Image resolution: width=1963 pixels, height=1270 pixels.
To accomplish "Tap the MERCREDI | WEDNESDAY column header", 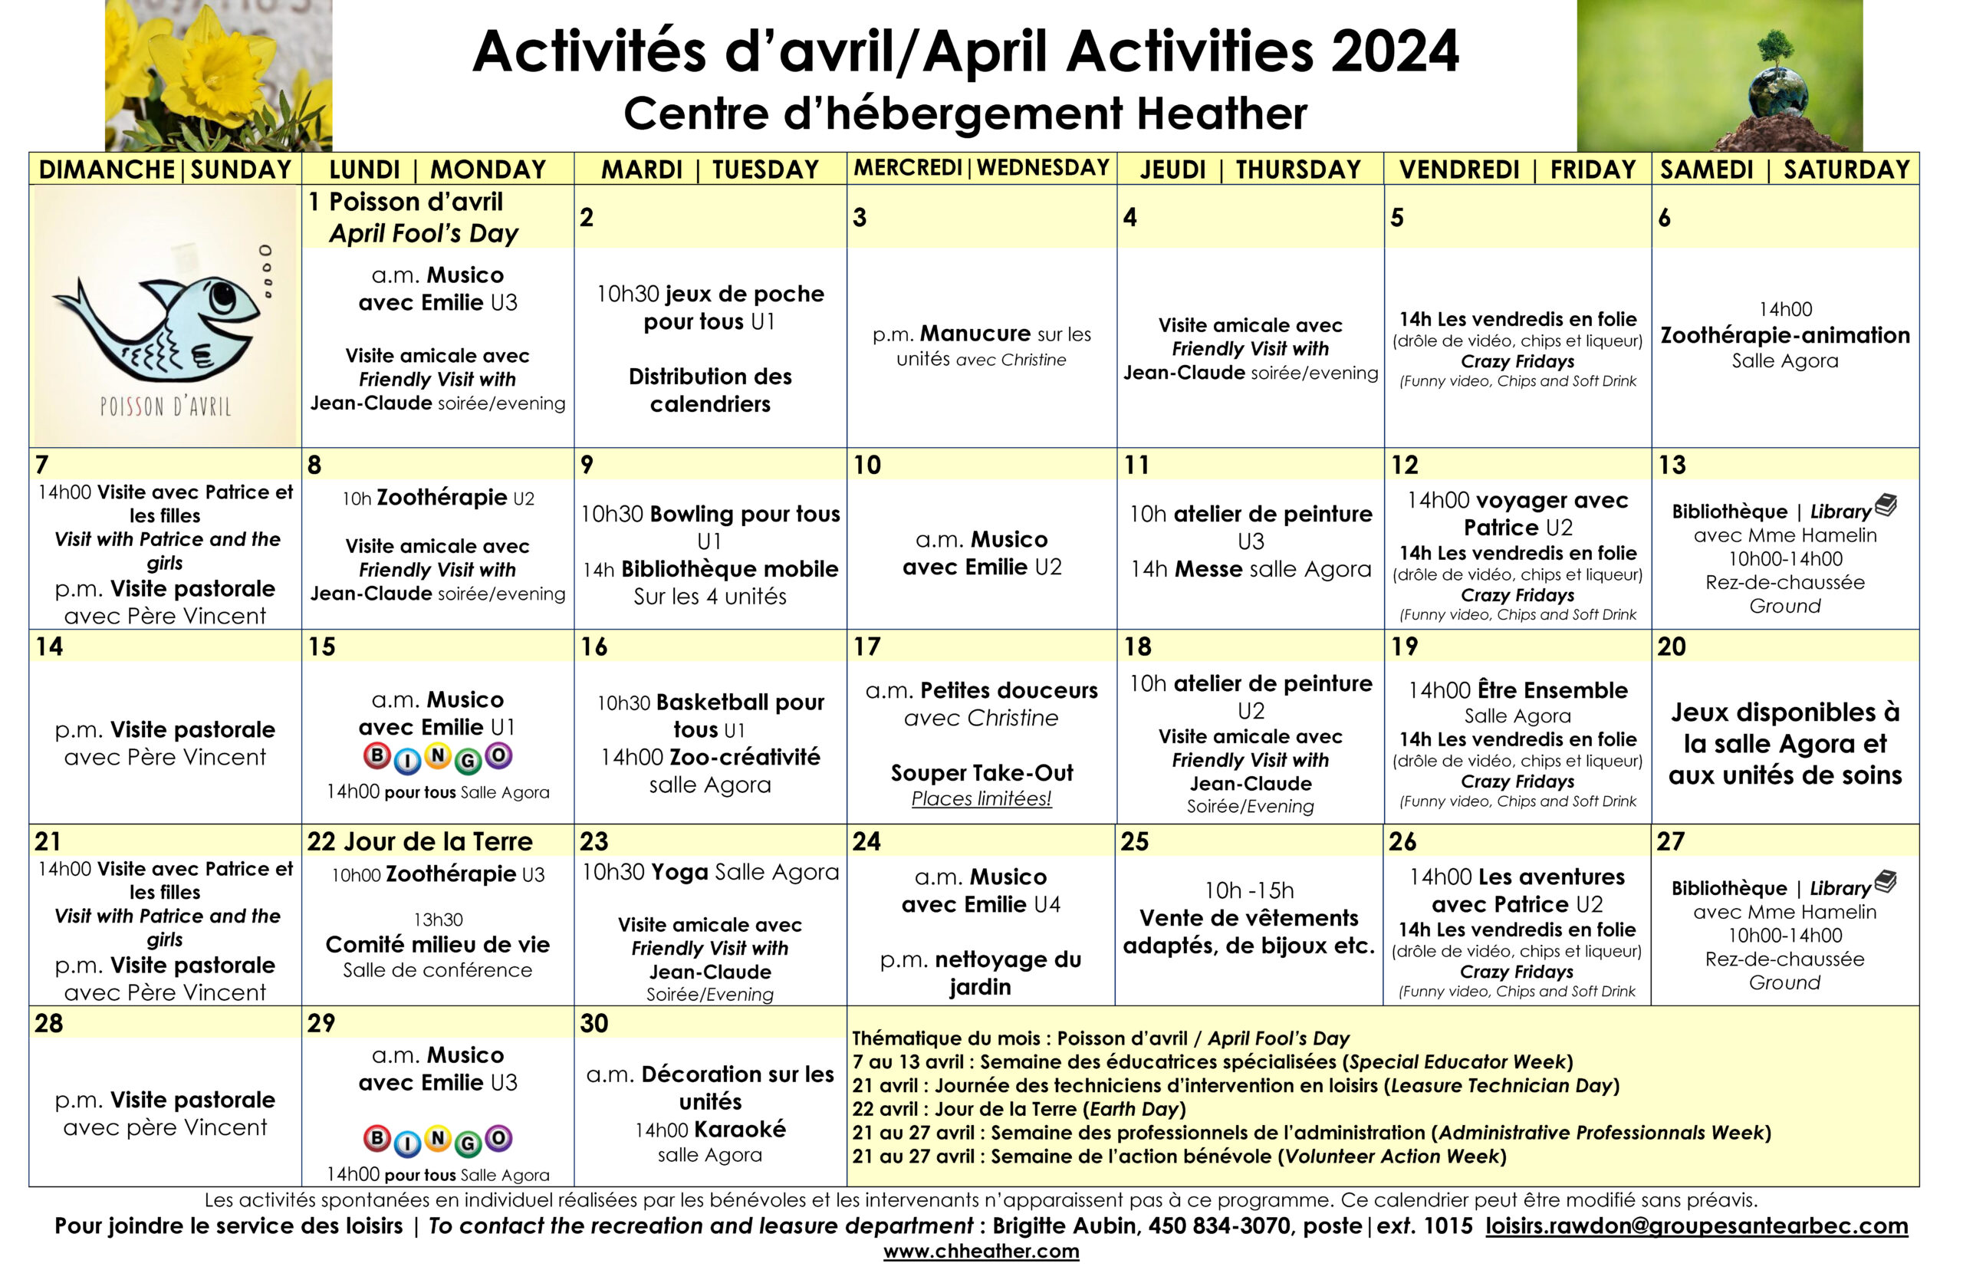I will pos(981,167).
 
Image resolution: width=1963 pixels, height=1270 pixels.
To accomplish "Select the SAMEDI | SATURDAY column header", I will pos(1784,169).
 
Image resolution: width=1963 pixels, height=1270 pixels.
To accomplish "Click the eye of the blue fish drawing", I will pos(222,294).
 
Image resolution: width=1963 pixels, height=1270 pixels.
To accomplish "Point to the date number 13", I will pos(1672,465).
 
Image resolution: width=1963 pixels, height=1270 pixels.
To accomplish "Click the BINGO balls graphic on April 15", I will pos(438,757).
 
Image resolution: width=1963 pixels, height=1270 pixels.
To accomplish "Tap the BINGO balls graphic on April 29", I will pos(438,1140).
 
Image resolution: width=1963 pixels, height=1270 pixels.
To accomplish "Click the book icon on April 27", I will pos(1886,882).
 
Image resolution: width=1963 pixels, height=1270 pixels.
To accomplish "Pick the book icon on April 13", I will pos(1886,505).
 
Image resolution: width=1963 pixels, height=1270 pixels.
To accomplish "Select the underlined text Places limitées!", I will pos(981,798).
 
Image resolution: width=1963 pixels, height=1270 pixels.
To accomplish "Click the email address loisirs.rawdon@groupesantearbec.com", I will pos(1696,1226).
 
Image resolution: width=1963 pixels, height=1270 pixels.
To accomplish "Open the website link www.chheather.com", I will pos(981,1251).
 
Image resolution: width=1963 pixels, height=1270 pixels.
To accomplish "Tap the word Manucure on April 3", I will pos(975,334).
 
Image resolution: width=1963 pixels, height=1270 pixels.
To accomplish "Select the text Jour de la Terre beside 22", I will pos(438,841).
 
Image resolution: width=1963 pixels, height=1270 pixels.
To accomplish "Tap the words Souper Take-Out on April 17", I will pos(981,773).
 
